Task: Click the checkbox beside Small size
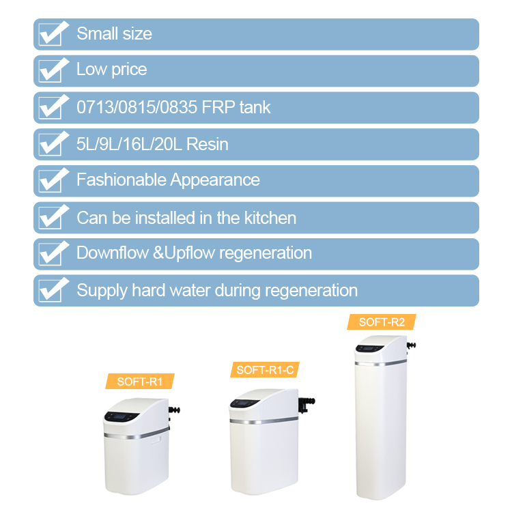50,35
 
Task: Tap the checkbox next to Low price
50,71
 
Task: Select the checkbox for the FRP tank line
50,108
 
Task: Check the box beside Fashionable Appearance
50,181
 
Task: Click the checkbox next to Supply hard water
50,291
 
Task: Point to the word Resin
207,144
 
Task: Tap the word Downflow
113,253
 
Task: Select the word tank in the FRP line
255,107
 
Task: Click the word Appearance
215,181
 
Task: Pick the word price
129,70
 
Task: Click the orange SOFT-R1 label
140,382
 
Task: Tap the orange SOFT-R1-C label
265,369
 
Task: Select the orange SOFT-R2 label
382,322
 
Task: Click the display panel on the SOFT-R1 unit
122,416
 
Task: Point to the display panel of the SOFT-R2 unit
369,348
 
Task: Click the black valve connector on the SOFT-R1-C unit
307,404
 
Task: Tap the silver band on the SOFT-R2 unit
381,363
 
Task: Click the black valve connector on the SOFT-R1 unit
174,411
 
